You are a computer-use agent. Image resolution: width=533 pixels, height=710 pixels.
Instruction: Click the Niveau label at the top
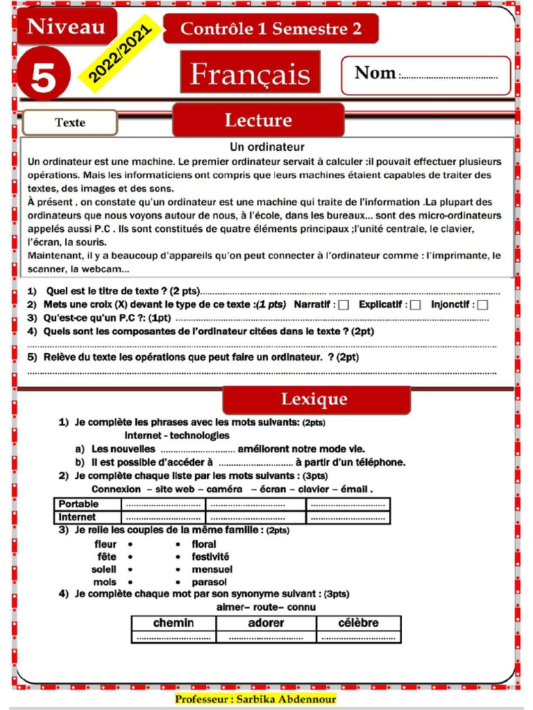tap(66, 27)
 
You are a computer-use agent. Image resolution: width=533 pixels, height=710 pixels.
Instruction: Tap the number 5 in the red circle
tap(43, 78)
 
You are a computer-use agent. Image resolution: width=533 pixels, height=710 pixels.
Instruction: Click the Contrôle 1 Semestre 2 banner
tap(271, 28)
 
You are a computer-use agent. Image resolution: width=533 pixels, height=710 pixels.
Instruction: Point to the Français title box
tap(250, 73)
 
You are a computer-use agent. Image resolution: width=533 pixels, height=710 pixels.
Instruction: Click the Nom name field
tap(426, 75)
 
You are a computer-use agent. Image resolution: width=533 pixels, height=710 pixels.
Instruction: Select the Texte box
tap(70, 123)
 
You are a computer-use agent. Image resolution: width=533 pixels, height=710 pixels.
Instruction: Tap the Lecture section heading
tap(257, 120)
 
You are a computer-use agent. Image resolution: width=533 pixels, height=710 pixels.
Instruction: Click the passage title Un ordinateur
tap(267, 147)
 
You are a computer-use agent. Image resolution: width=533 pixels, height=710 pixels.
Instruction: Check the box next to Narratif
tap(344, 305)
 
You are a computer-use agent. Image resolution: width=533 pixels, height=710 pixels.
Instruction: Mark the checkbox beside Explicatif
tap(415, 305)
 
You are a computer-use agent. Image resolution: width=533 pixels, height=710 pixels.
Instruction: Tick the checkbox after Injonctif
tap(482, 305)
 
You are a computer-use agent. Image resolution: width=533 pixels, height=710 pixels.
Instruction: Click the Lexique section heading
tap(314, 399)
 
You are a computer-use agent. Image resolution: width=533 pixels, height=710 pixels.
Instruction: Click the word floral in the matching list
tap(204, 544)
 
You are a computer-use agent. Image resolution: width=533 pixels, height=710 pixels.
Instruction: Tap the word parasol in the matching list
tap(209, 582)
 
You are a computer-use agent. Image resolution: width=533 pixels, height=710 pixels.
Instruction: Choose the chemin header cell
tap(174, 623)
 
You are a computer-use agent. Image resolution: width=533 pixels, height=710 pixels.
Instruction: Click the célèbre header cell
tap(358, 623)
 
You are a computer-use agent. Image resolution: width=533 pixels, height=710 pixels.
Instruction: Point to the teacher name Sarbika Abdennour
tap(255, 699)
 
